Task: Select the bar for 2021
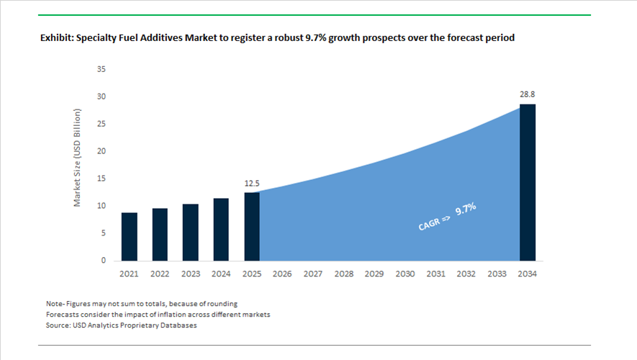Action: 130,237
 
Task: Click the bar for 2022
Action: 160,235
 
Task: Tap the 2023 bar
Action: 191,233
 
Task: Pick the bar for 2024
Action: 221,230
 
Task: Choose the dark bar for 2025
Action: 252,227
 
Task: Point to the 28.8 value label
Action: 528,94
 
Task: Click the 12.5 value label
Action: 252,184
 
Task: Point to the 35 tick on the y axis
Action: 101,69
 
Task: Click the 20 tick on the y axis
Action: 101,151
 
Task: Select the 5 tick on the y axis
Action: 103,233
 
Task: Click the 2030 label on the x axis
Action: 405,274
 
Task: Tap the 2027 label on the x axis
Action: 313,274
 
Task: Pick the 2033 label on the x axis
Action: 497,274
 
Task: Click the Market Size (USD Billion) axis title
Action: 78,158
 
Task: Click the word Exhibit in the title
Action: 58,38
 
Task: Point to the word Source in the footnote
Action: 58,325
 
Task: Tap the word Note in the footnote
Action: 55,303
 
